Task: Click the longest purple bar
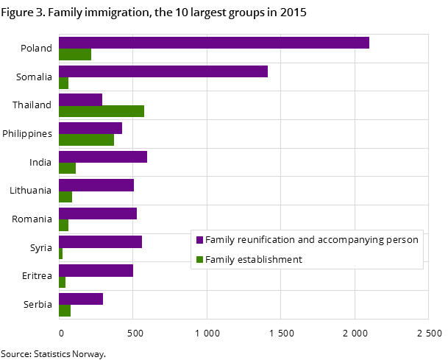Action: coord(213,43)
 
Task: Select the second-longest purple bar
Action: coord(163,71)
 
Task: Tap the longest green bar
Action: coord(101,111)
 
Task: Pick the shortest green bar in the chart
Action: coord(60,254)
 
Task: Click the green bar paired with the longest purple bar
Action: coord(74,54)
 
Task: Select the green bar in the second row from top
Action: coord(63,83)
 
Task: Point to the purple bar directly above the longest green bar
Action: coord(80,99)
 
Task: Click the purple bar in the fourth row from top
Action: coord(90,128)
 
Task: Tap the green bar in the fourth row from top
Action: coord(86,140)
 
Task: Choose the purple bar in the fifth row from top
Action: coord(102,157)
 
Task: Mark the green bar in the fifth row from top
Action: coord(67,169)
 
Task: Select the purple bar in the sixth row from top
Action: coord(96,185)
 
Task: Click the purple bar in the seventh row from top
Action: coord(97,213)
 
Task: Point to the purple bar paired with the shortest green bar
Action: coord(100,241)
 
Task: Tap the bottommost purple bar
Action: coord(80,299)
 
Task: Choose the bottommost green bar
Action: coord(64,311)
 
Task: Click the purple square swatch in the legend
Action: coord(199,240)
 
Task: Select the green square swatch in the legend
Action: coord(199,260)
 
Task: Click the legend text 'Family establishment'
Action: coord(254,260)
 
